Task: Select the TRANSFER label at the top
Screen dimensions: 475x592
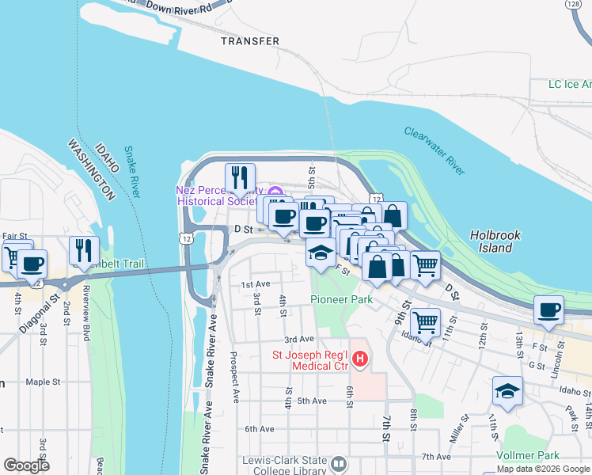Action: click(x=250, y=41)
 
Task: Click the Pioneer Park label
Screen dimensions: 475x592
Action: click(x=341, y=300)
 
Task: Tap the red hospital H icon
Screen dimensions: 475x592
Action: click(x=360, y=360)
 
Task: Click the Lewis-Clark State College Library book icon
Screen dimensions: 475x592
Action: click(x=340, y=463)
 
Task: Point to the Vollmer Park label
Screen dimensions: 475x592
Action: click(x=527, y=455)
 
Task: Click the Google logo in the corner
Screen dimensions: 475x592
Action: click(x=26, y=465)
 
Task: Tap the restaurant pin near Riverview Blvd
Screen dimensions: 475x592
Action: click(x=84, y=249)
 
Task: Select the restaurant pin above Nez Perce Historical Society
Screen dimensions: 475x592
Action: click(x=240, y=177)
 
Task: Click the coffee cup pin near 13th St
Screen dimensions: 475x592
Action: click(x=548, y=310)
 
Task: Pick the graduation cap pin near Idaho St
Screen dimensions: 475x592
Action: click(x=507, y=390)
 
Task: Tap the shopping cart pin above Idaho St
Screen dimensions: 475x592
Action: click(x=426, y=321)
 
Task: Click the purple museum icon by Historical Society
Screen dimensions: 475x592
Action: click(x=275, y=192)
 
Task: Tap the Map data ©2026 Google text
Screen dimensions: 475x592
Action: click(x=543, y=469)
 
